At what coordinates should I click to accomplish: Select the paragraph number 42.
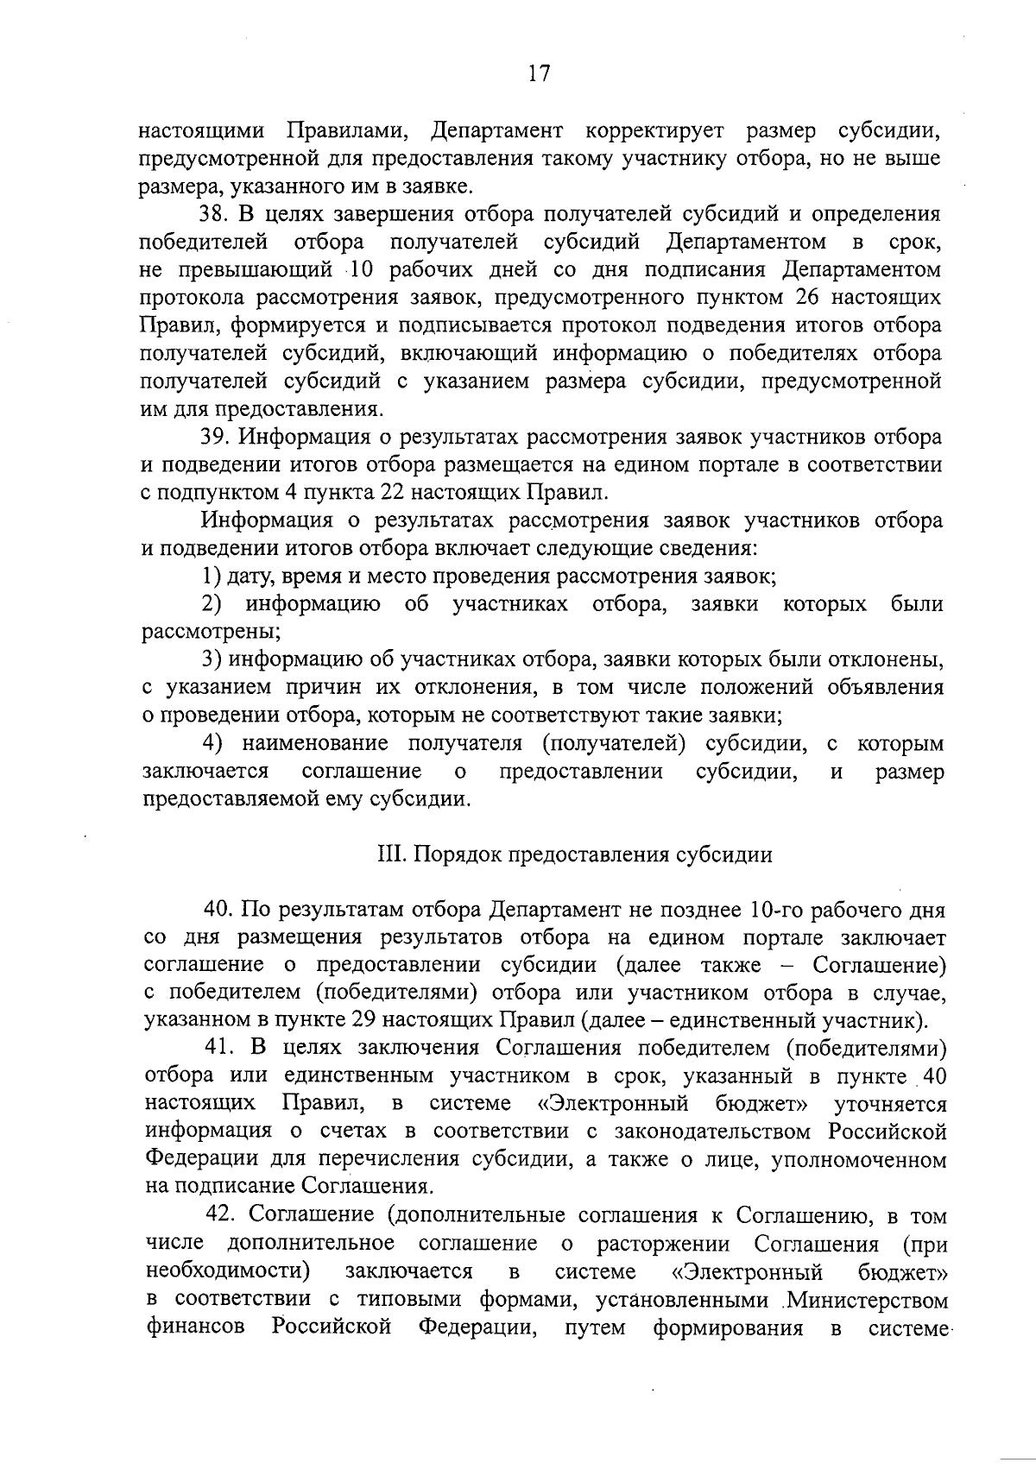222,1214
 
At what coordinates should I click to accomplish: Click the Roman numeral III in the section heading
387,854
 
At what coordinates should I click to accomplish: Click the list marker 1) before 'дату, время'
212,576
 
